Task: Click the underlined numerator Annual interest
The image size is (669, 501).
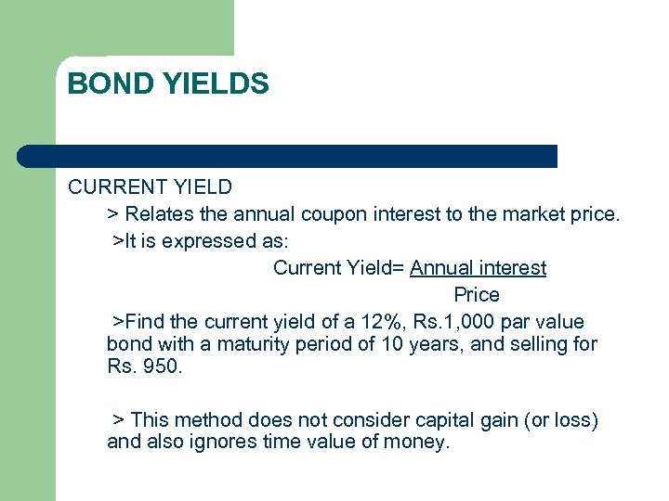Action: click(x=478, y=268)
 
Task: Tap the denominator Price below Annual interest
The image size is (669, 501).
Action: click(x=477, y=295)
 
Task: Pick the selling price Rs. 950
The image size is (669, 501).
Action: click(x=145, y=366)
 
